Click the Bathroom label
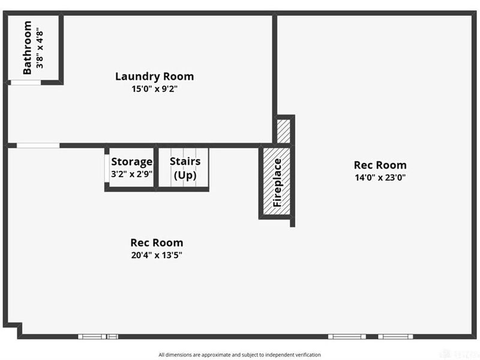(x=27, y=48)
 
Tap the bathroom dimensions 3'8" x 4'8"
(x=40, y=48)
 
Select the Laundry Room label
(x=154, y=77)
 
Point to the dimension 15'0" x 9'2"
(x=154, y=89)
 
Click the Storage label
(x=132, y=161)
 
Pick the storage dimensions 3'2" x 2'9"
(x=132, y=173)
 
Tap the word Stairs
(x=185, y=161)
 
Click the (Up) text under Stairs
(x=185, y=176)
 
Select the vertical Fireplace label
(x=277, y=182)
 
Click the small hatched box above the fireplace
(x=283, y=131)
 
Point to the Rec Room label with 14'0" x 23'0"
(x=380, y=165)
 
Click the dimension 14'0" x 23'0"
(x=380, y=178)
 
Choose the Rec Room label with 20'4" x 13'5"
(x=157, y=243)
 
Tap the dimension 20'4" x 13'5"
(x=157, y=255)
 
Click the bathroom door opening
(x=25, y=82)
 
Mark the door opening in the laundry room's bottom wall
(x=38, y=145)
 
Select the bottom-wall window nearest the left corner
(x=98, y=337)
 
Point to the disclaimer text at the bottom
(x=240, y=355)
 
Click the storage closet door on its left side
(x=107, y=170)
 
